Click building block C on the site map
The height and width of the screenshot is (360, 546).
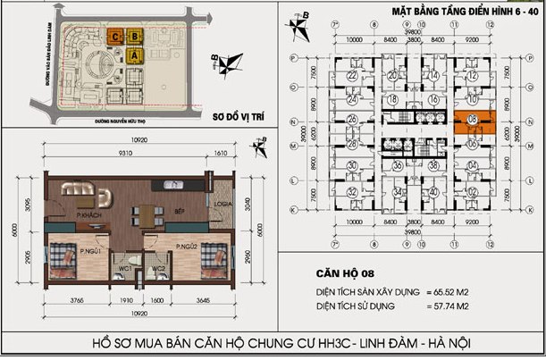click(x=116, y=36)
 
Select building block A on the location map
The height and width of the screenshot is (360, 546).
click(x=135, y=55)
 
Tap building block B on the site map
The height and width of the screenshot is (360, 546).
click(x=135, y=36)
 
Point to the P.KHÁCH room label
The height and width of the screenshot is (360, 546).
click(x=86, y=216)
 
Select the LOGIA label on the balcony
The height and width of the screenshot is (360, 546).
click(x=223, y=203)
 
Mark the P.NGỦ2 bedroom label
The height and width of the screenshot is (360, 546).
click(x=186, y=246)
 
